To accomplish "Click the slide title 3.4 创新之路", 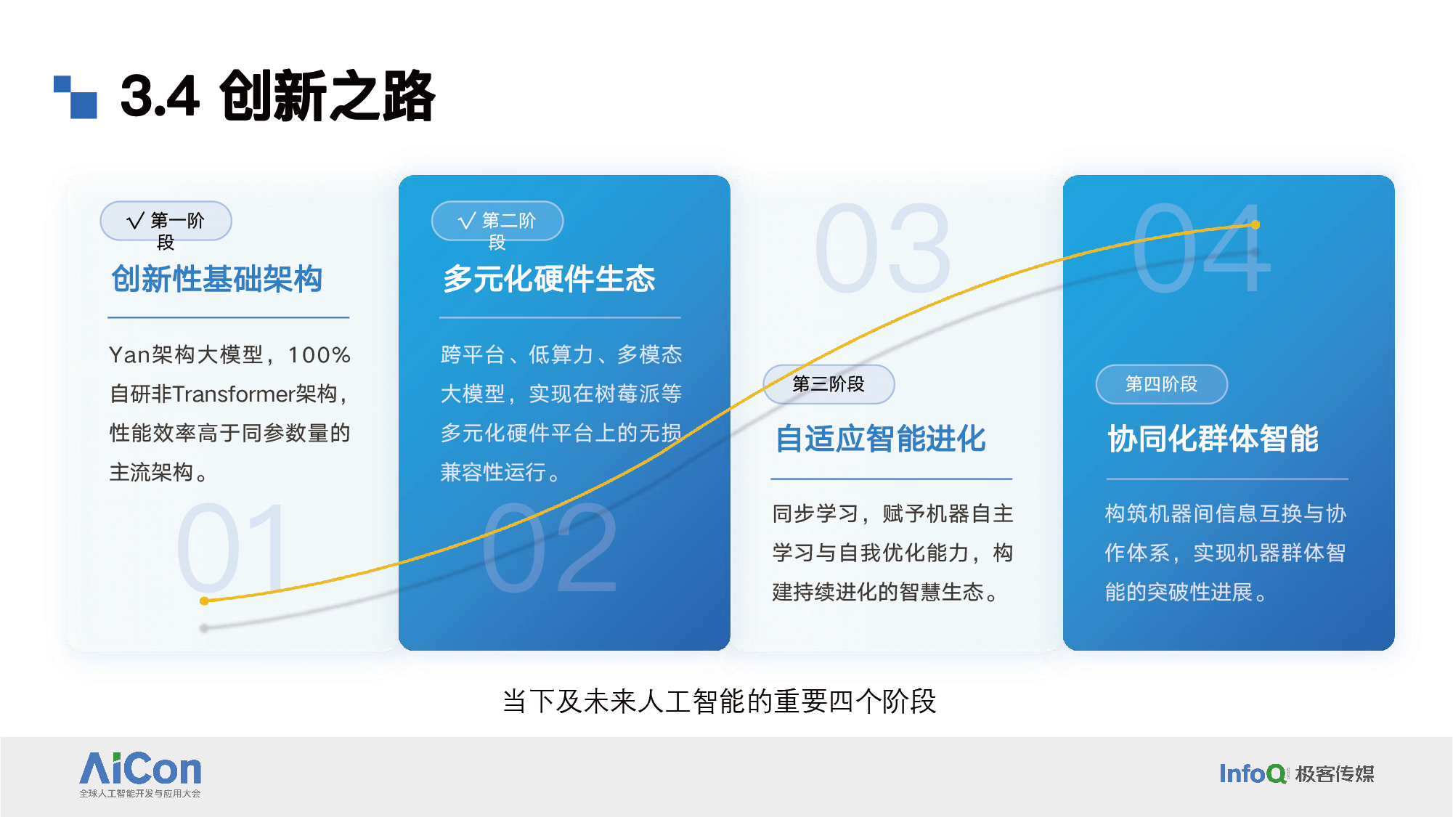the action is pos(277,96).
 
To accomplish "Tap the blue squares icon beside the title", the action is pos(76,97).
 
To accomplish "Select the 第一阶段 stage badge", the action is pos(166,221).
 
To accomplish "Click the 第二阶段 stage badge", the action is pos(497,221).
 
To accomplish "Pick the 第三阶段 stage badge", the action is pos(829,384).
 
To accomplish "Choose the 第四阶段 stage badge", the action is pos(1161,384).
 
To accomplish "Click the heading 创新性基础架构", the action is pos(216,280).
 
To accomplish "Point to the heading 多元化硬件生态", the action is pos(549,280).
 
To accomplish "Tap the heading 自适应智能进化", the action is pos(881,439).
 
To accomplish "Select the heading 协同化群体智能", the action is pos(1213,439).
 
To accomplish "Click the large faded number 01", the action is pos(232,548).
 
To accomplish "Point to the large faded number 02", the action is pos(550,548).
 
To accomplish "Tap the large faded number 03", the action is pos(882,248).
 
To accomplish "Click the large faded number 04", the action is pos(1202,248).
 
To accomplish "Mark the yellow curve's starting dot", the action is pos(205,601).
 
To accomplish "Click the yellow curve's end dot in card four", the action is pos(1255,225).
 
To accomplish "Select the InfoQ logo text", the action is pos(1253,774).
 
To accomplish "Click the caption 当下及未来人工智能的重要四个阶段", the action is pos(719,702).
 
